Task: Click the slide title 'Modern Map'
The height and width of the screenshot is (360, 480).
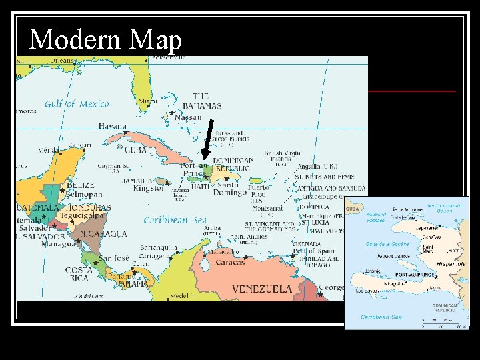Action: click(106, 40)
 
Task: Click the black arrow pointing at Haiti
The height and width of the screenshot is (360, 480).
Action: click(207, 141)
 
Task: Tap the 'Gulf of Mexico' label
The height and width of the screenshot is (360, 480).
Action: click(77, 104)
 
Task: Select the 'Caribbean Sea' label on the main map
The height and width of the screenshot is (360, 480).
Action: click(175, 219)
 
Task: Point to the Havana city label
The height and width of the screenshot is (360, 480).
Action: click(112, 126)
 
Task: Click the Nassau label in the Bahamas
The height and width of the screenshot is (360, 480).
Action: click(189, 117)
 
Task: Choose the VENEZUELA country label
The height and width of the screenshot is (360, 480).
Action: click(261, 289)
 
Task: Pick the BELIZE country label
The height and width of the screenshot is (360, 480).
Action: click(81, 186)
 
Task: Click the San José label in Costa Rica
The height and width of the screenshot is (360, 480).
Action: click(113, 259)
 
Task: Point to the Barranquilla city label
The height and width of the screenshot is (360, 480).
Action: click(159, 248)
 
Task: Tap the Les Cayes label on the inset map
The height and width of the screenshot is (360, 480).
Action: click(368, 291)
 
